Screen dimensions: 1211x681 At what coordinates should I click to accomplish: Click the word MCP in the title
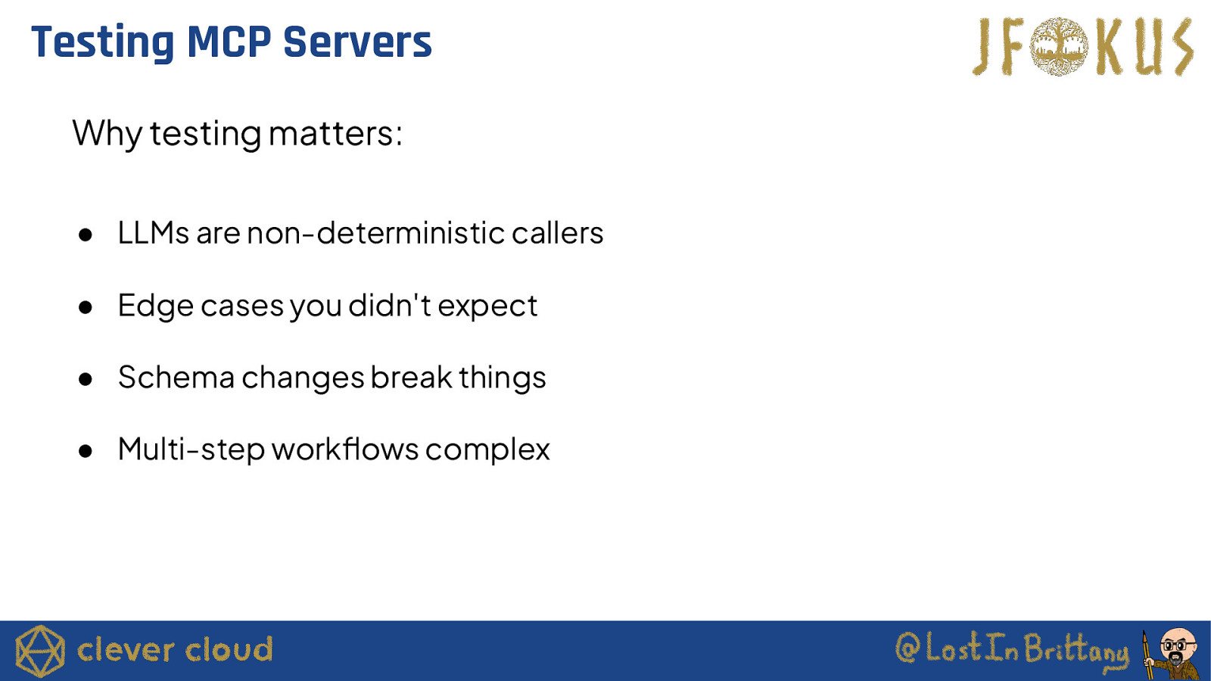coord(229,42)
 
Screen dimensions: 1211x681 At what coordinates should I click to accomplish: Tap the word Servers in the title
coord(358,42)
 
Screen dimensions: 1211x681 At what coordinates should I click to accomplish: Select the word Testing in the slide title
coord(103,43)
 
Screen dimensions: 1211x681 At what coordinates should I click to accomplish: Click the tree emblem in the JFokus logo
coord(1059,46)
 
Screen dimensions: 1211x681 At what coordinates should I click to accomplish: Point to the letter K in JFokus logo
coord(1110,48)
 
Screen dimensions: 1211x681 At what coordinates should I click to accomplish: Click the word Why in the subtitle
coord(107,133)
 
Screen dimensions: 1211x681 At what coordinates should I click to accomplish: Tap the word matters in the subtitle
coord(335,133)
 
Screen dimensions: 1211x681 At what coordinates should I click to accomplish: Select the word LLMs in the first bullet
coord(154,234)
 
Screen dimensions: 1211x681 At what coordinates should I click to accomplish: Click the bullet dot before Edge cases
coord(85,307)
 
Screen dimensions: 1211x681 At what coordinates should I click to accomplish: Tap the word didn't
coord(390,305)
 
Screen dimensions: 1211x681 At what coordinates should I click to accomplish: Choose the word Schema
coord(176,377)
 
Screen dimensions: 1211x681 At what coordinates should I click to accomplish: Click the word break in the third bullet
coord(412,377)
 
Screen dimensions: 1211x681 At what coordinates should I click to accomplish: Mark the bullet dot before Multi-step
coord(85,451)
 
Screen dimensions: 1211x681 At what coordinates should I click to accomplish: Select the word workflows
coord(345,449)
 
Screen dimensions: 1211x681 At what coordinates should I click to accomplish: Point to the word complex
coord(487,449)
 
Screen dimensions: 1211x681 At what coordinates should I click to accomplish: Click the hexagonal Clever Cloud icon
coord(39,651)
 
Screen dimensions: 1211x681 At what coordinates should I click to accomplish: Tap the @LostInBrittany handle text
coord(1012,648)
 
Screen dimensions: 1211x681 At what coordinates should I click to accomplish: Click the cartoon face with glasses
coord(1178,646)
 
